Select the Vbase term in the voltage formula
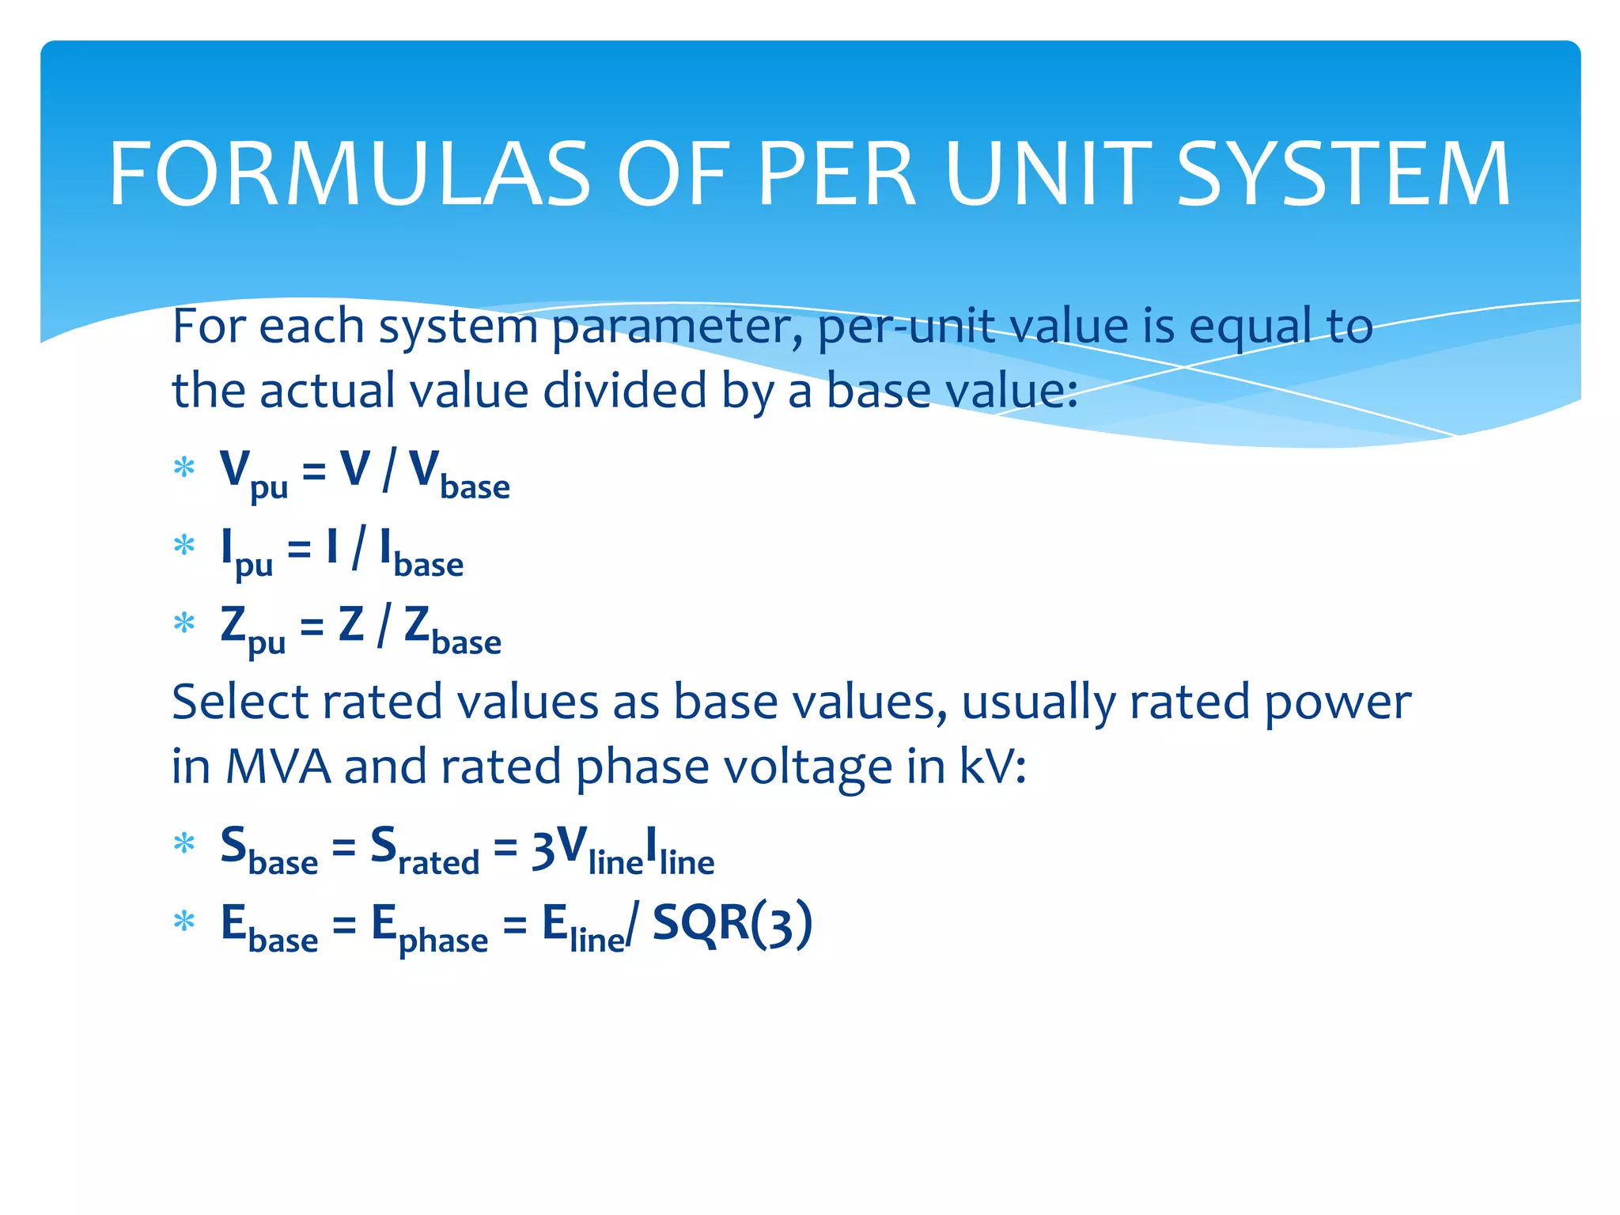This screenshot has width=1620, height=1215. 459,474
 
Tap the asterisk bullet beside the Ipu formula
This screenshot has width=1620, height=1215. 184,547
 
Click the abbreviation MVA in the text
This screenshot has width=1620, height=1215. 278,767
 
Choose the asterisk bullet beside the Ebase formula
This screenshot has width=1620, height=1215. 184,922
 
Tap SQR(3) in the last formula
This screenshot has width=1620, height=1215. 732,924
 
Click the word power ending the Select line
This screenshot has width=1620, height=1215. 1337,702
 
